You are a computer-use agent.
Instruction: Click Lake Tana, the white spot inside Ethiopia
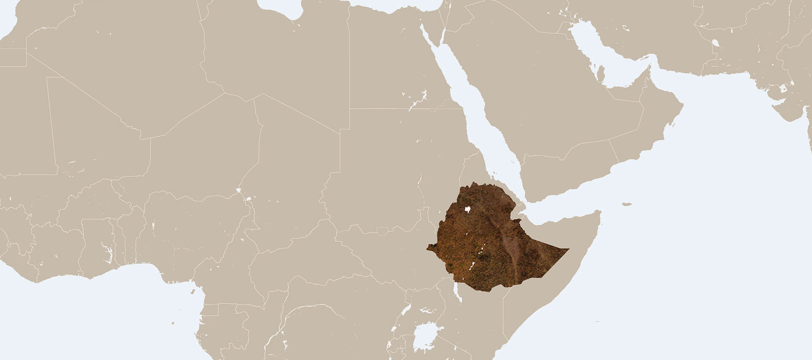pos(467,209)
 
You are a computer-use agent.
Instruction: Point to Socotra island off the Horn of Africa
pos(626,204)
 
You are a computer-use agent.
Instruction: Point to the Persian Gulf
pos(599,55)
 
